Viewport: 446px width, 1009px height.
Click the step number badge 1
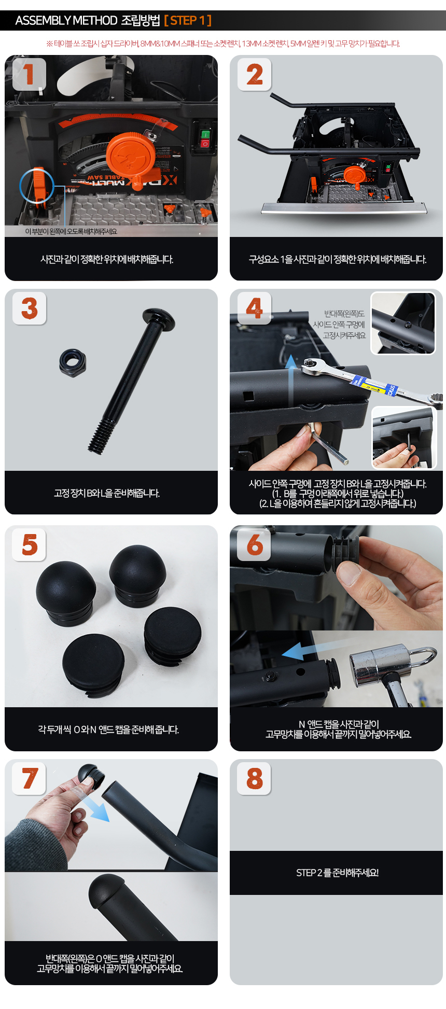(x=29, y=74)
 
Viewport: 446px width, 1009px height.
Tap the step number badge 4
(x=254, y=308)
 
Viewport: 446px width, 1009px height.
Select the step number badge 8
(x=254, y=778)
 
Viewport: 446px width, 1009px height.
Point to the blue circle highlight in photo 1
(x=37, y=186)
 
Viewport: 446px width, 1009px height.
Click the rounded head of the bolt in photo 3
(x=158, y=317)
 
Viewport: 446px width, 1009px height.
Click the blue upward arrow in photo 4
(x=292, y=379)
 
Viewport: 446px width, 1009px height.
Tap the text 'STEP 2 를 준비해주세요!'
(x=337, y=873)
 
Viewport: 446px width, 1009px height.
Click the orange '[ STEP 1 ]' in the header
(x=188, y=21)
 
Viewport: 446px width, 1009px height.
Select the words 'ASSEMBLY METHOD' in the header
(x=66, y=21)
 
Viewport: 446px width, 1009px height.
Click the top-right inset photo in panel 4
(x=403, y=323)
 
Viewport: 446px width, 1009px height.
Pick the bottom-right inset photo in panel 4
(x=404, y=438)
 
